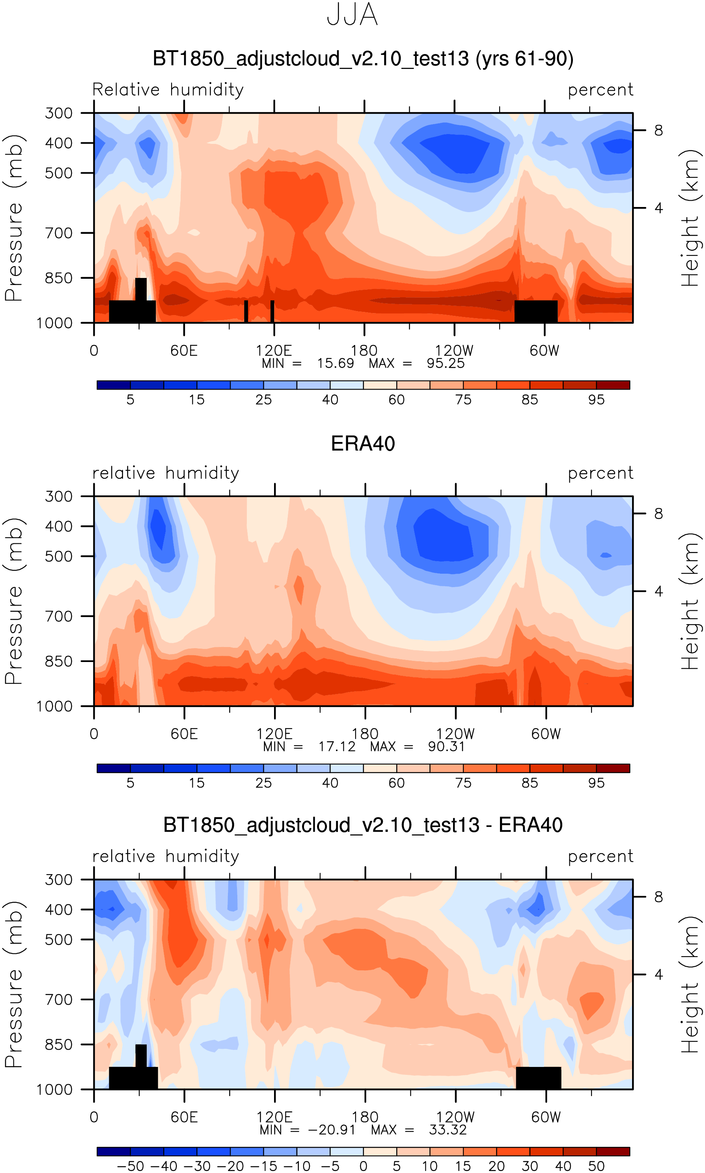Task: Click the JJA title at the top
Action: click(352, 15)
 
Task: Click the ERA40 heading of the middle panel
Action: click(363, 444)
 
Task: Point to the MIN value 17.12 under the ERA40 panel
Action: click(337, 746)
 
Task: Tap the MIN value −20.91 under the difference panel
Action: click(332, 1130)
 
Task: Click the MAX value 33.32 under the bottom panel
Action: click(448, 1130)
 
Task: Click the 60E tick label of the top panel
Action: click(184, 351)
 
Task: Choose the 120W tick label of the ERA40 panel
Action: click(455, 734)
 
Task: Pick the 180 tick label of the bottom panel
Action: click(365, 1117)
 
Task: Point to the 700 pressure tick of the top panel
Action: click(59, 233)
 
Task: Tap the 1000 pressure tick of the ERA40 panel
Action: click(55, 707)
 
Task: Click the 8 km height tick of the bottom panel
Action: click(658, 897)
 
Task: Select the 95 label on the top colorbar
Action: click(596, 400)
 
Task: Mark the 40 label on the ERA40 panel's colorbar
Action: click(330, 783)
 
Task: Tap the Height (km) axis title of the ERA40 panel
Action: click(690, 601)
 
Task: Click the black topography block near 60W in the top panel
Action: click(536, 311)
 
